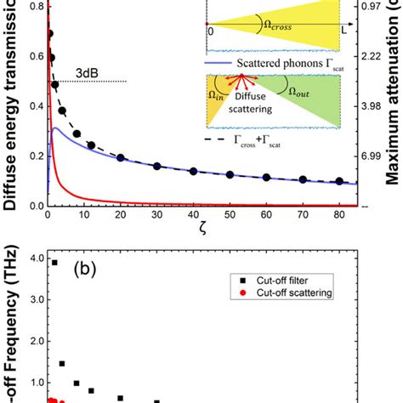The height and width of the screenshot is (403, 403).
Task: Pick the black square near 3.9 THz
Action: [55, 263]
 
